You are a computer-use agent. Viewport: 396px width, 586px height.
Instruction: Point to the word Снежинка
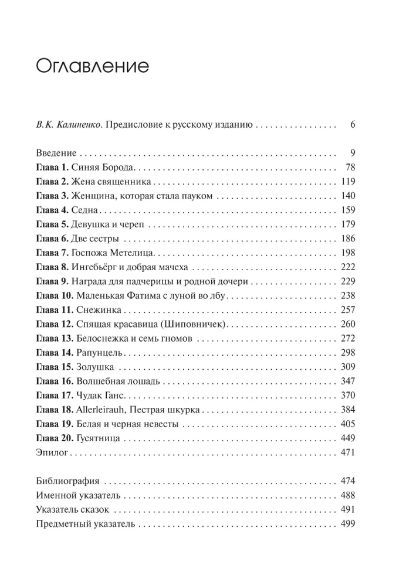[97, 309]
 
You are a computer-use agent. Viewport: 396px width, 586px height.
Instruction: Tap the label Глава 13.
[55, 339]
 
